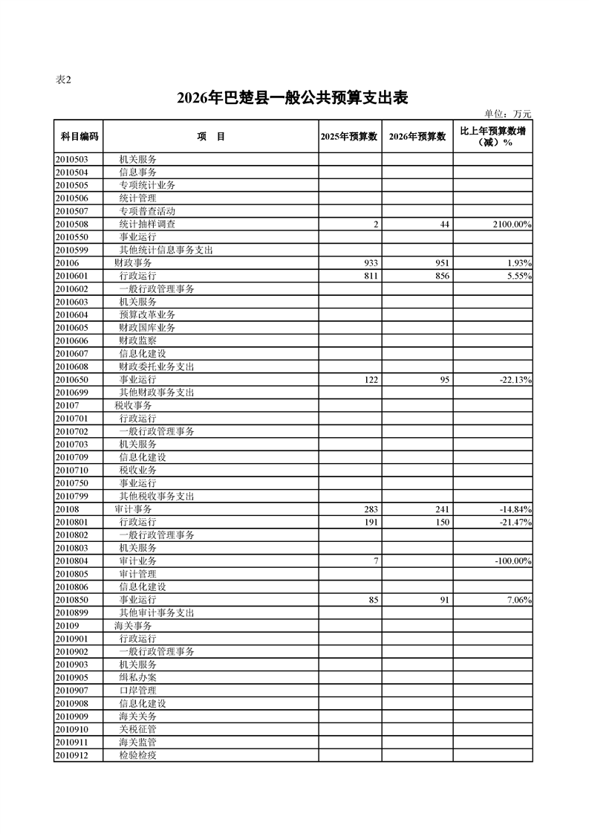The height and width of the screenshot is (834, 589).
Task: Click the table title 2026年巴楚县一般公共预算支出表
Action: (x=293, y=98)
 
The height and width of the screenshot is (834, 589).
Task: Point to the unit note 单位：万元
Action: (x=508, y=114)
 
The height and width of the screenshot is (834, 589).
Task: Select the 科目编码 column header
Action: (x=78, y=136)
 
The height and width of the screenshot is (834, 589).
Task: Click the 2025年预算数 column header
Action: (x=350, y=136)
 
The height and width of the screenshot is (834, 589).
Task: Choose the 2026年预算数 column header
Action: (x=417, y=136)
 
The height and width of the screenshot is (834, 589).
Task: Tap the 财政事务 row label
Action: (x=133, y=263)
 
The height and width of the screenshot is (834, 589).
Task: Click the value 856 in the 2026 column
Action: (x=441, y=276)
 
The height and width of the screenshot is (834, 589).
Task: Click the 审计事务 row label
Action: (x=133, y=509)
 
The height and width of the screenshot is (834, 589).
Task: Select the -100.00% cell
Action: (x=510, y=561)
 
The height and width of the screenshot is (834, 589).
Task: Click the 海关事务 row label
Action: (x=133, y=626)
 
